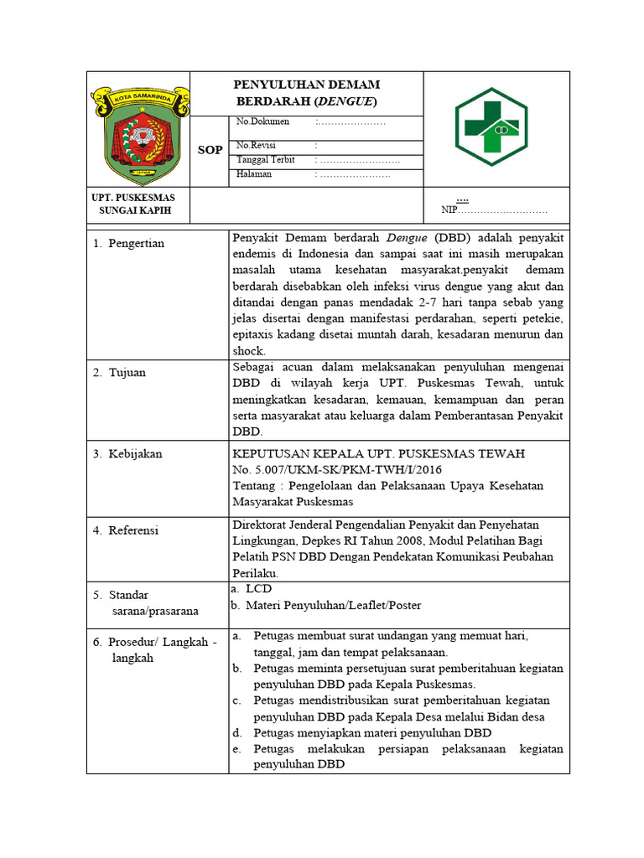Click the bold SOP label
click(210, 150)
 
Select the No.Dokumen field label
click(262, 121)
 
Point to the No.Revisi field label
click(257, 145)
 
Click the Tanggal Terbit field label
click(265, 159)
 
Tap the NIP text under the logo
click(451, 210)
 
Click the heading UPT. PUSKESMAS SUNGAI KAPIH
click(139, 204)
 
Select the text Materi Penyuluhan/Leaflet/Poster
click(333, 605)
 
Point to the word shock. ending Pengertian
click(248, 351)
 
